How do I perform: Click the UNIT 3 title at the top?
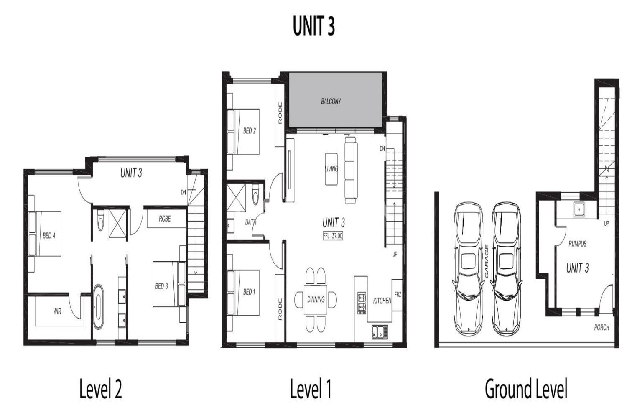[313, 25]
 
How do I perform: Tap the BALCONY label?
[331, 101]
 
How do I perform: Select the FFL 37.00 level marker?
[333, 236]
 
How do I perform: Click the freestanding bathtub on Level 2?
[98, 306]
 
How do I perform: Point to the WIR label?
[57, 311]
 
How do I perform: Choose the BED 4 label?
[49, 236]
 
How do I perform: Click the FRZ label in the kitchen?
[398, 295]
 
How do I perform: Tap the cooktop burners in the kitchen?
[362, 303]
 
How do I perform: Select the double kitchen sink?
[380, 332]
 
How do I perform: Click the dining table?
[316, 299]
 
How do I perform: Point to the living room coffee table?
[331, 169]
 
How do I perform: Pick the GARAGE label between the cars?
[487, 261]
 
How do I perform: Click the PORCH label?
[602, 327]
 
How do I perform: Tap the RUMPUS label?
[577, 244]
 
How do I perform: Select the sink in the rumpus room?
[579, 209]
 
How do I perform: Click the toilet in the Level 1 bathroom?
[255, 195]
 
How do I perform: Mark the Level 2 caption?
[100, 389]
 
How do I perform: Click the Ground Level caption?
[526, 389]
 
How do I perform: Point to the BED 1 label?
[249, 292]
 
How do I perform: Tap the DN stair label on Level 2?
[184, 192]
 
